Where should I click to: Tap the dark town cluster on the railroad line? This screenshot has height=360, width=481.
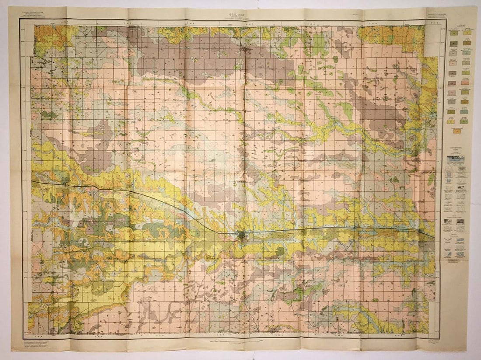click(241, 236)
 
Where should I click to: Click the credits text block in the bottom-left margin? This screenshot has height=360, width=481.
click(42, 343)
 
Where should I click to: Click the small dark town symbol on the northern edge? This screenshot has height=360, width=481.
click(247, 51)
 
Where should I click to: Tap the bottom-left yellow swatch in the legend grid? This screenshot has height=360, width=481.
click(451, 121)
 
